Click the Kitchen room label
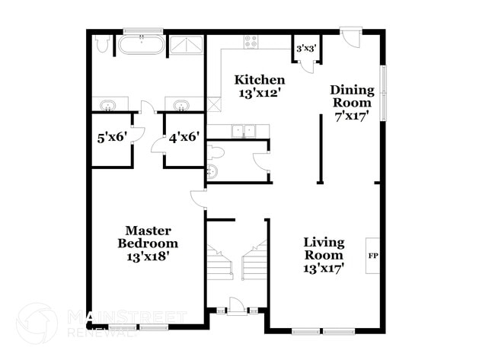(260, 80)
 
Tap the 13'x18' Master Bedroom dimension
(148, 256)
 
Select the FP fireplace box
(373, 256)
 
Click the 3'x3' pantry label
(305, 48)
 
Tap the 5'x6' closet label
(110, 138)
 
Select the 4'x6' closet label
(184, 138)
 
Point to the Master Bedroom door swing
(198, 199)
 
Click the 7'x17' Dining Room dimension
(352, 116)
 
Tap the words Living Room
(324, 249)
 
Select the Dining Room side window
(384, 93)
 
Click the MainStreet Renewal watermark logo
(37, 323)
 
